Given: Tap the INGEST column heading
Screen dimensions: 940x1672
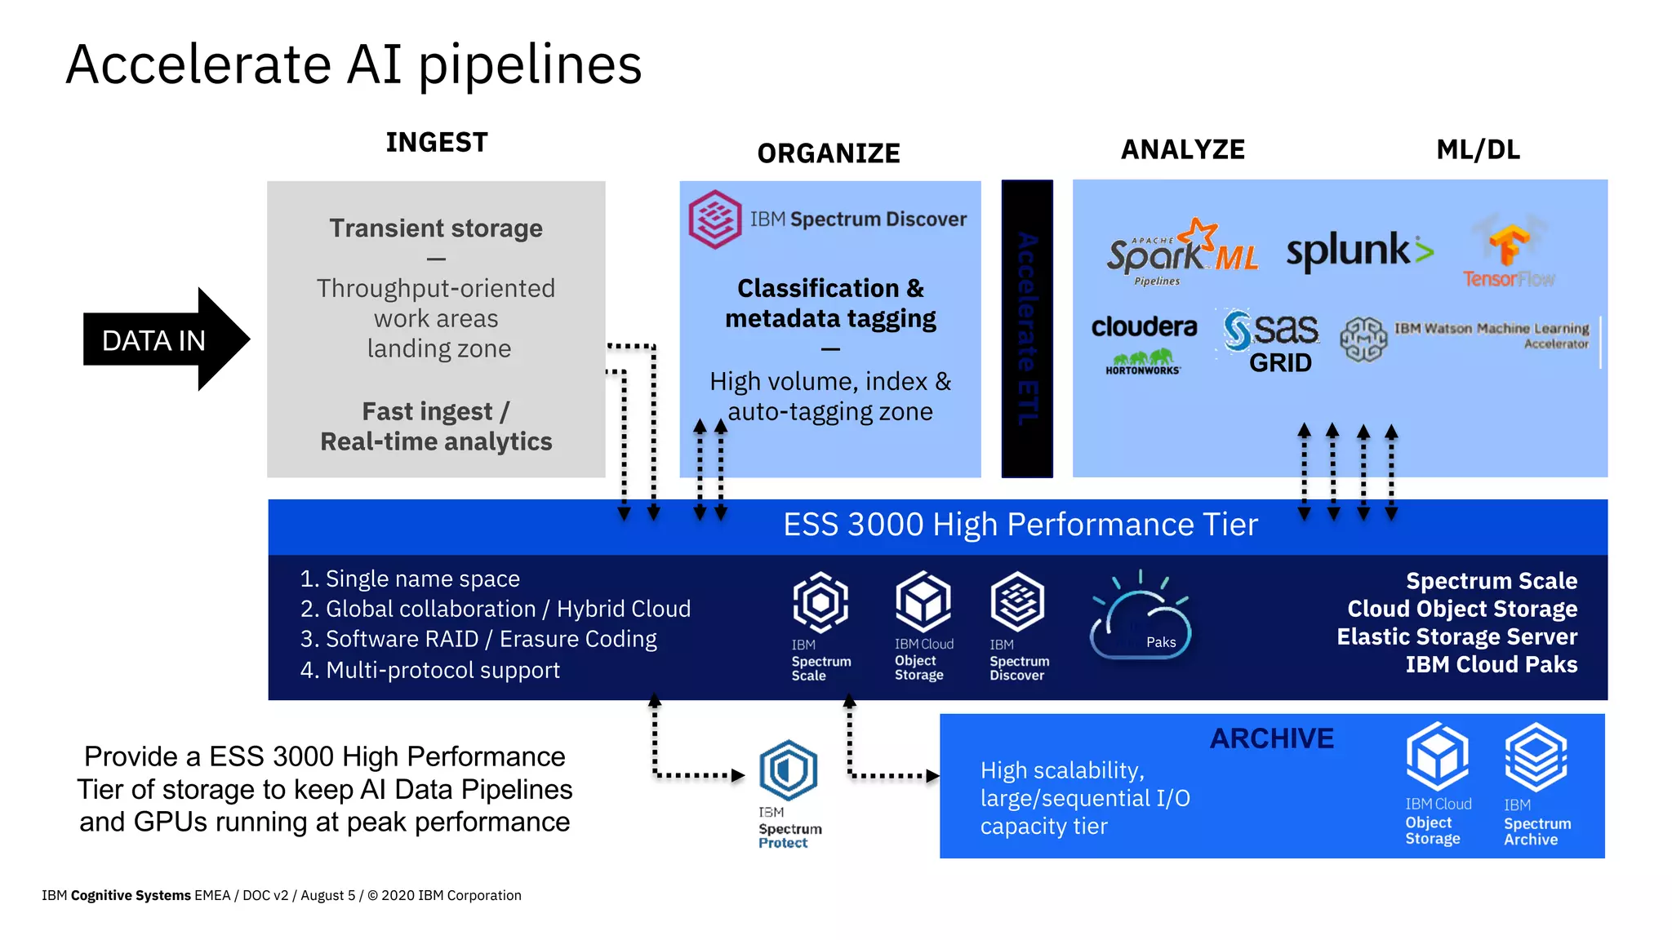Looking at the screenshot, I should click(x=437, y=143).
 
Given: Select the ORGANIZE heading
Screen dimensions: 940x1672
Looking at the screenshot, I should click(x=828, y=153).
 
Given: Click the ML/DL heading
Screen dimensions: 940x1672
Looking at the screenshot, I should click(x=1478, y=150).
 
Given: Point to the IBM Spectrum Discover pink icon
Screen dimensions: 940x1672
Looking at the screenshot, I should click(x=714, y=219).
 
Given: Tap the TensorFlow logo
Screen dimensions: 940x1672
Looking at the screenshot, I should click(x=1509, y=253).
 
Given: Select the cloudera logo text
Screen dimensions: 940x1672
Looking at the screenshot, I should click(x=1144, y=327).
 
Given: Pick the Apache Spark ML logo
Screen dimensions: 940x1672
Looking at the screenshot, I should click(x=1180, y=251).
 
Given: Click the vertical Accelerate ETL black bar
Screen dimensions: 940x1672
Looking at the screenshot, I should click(x=1027, y=328).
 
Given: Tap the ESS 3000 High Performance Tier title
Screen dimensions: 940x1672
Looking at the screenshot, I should click(x=1020, y=525).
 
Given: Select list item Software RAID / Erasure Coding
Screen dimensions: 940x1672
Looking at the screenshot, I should click(x=478, y=639).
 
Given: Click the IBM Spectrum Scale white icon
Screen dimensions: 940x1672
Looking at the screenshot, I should click(x=820, y=603).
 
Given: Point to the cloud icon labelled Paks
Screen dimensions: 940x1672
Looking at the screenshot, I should click(x=1141, y=624).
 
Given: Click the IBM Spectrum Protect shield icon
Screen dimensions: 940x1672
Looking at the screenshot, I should click(x=788, y=769).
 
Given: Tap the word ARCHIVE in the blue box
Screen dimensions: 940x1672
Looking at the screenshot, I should click(x=1271, y=739).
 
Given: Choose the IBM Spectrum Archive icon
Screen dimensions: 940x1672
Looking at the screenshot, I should click(x=1536, y=757).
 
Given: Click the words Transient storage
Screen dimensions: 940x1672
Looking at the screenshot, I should click(x=436, y=228).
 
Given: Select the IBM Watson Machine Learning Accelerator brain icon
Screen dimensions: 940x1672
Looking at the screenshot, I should click(x=1363, y=339).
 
